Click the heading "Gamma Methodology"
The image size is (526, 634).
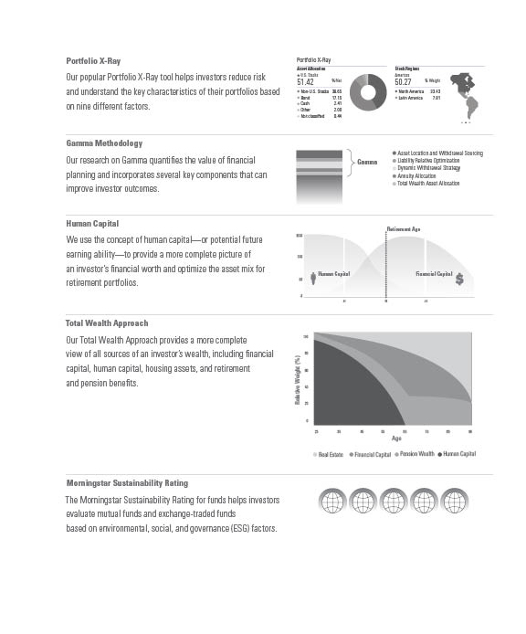coord(104,143)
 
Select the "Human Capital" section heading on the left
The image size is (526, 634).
coord(92,223)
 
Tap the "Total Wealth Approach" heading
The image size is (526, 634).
coord(106,323)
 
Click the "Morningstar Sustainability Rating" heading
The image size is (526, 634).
coord(127,482)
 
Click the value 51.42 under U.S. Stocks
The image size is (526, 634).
coord(306,81)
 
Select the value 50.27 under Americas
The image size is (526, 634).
coord(404,81)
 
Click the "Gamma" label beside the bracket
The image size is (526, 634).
coord(367,162)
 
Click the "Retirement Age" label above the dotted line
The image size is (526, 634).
coord(403,228)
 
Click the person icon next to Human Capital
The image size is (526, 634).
coord(313,279)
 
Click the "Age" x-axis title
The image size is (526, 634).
coord(396,439)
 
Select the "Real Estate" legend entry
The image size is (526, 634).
coord(330,454)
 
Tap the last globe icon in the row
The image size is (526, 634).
coord(456,502)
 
